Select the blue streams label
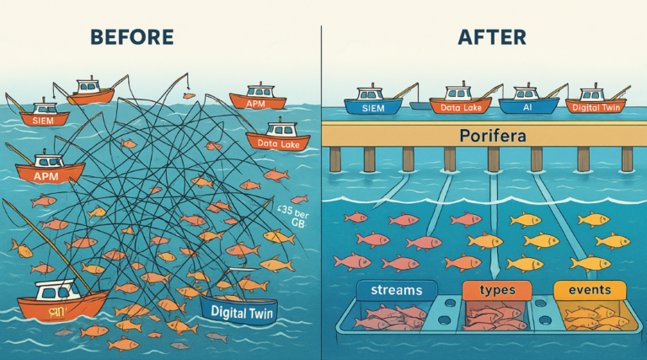[x=390, y=291]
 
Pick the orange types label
[x=496, y=291]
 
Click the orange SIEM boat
[x=35, y=116]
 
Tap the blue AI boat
[x=528, y=104]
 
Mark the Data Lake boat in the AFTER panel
[x=460, y=104]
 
